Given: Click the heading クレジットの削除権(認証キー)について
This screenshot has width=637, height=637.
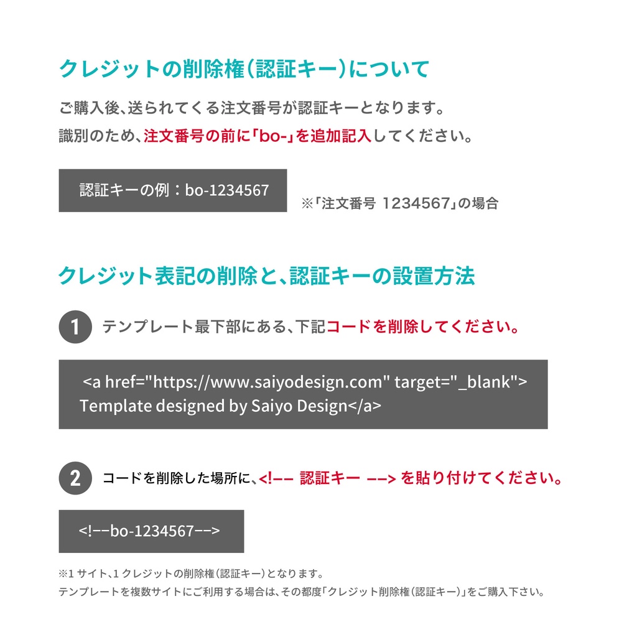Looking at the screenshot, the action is pyautogui.click(x=244, y=69).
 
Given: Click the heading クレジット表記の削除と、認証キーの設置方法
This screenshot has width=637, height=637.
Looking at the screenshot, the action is pyautogui.click(x=266, y=276).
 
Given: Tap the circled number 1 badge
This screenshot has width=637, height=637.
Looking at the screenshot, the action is pyautogui.click(x=75, y=327).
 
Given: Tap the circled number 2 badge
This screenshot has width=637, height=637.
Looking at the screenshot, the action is pyautogui.click(x=75, y=478).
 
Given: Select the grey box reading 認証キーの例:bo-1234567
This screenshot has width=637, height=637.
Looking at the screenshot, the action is pyautogui.click(x=172, y=190).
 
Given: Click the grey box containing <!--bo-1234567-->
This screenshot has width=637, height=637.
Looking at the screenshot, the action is pyautogui.click(x=151, y=531).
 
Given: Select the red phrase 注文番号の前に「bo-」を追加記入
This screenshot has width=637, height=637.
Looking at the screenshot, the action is pyautogui.click(x=258, y=136).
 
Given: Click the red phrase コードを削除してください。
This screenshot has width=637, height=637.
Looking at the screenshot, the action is pyautogui.click(x=423, y=327).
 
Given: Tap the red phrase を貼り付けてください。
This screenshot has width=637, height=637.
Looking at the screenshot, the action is pyautogui.click(x=482, y=478).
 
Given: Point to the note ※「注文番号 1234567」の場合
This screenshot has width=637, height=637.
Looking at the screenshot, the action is pyautogui.click(x=399, y=203).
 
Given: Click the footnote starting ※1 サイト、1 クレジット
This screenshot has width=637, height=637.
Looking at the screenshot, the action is pyautogui.click(x=190, y=574).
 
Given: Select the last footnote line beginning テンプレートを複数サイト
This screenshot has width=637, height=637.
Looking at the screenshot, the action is pyautogui.click(x=302, y=592).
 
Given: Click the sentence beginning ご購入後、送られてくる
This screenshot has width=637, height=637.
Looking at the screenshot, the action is pyautogui.click(x=253, y=108).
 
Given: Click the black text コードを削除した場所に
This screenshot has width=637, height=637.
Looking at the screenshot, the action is pyautogui.click(x=180, y=478).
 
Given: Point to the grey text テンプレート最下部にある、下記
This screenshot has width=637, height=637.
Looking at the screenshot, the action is pyautogui.click(x=214, y=327).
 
